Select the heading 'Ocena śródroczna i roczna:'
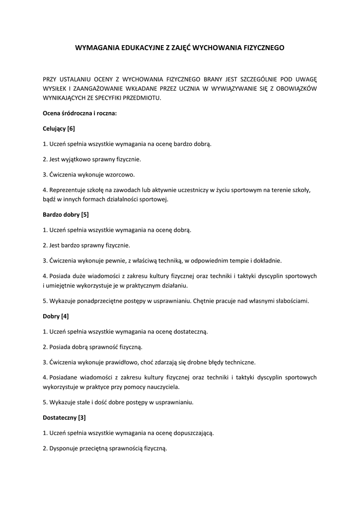(80, 113)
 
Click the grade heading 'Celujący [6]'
(59, 128)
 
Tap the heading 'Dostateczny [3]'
(65, 417)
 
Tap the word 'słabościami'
(291, 301)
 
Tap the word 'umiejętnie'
(62, 285)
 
